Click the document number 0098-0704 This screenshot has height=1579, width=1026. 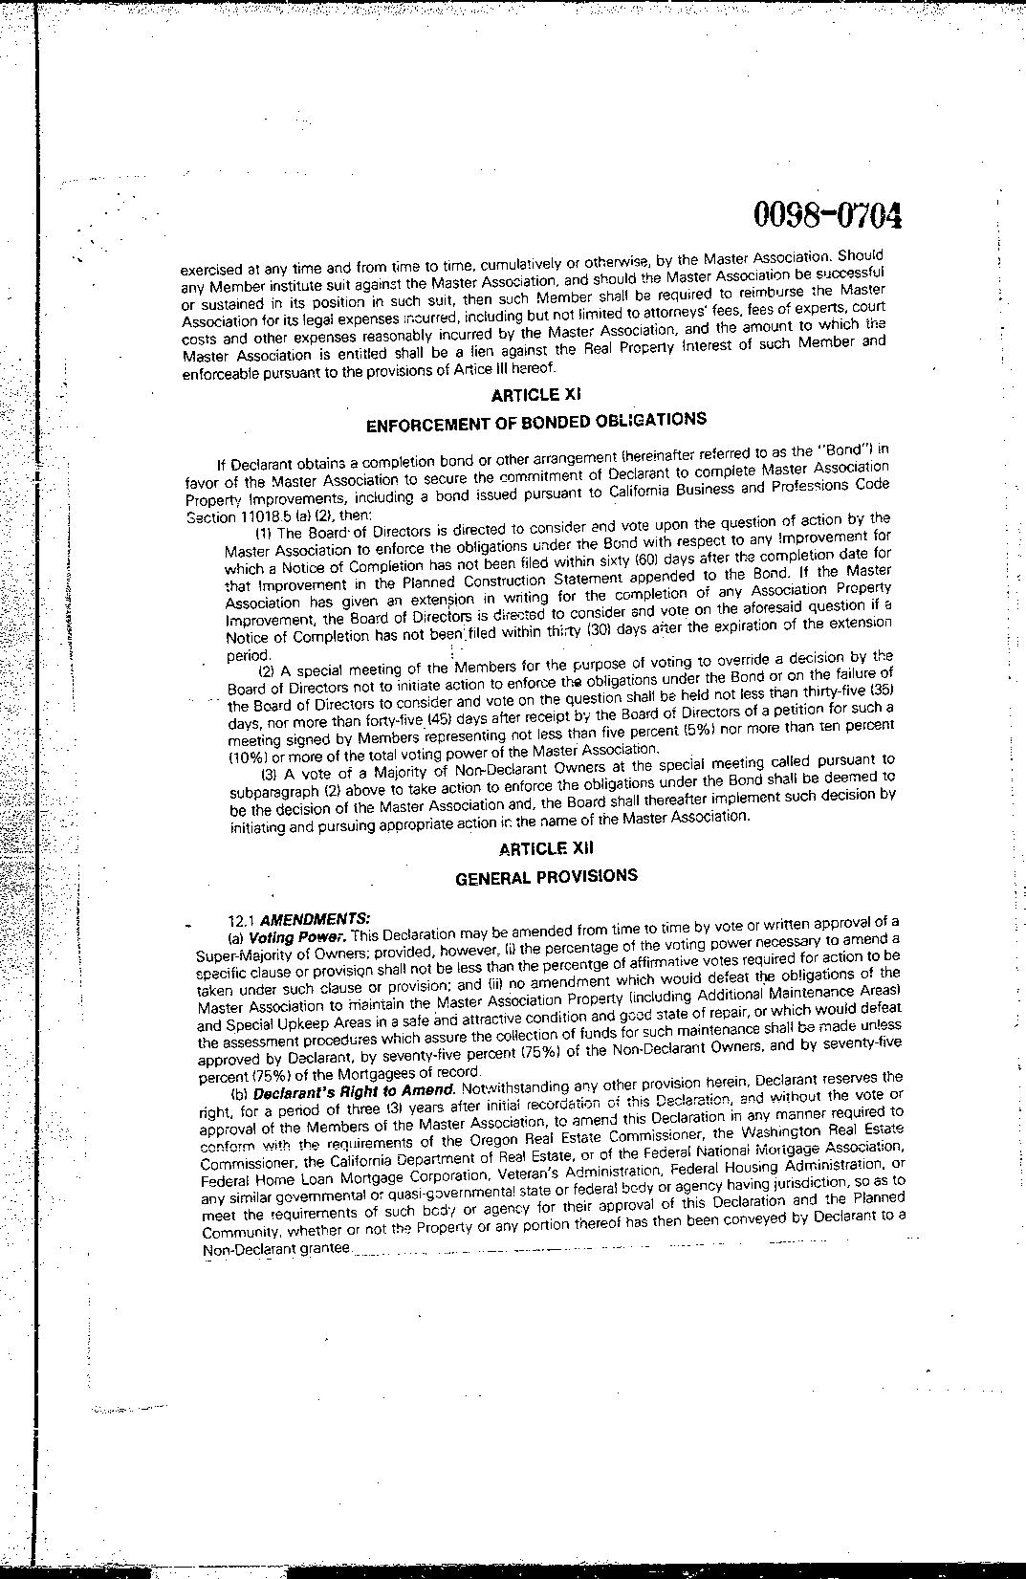point(828,216)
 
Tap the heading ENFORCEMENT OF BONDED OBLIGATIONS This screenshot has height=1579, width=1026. point(536,422)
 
